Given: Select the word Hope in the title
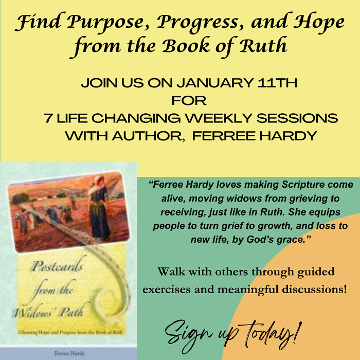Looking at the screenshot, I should (314, 22).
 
